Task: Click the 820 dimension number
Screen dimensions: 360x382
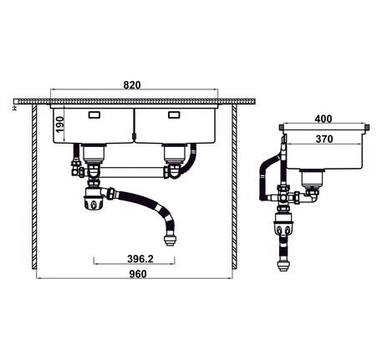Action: click(x=132, y=85)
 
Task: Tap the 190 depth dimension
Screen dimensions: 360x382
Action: click(x=59, y=124)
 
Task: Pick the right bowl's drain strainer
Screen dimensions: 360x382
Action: click(x=173, y=152)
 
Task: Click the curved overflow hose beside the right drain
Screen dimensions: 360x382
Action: click(x=194, y=159)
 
